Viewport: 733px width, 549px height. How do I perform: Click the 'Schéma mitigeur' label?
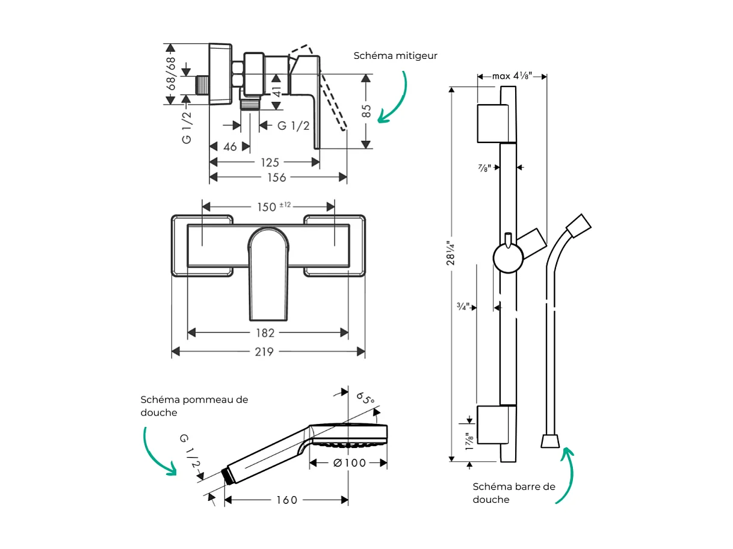point(395,56)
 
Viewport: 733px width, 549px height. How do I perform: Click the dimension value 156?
point(277,177)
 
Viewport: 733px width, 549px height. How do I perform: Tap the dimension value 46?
point(230,147)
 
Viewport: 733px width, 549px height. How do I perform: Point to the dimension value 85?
point(366,112)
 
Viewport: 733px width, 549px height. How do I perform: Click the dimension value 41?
point(276,91)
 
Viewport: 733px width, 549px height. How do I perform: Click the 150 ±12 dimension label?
point(274,206)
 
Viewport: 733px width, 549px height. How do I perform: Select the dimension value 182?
point(265,333)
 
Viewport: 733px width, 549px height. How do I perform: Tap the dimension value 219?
point(264,352)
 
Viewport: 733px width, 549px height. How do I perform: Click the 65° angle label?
point(365,398)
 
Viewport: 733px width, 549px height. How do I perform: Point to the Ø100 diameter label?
point(349,463)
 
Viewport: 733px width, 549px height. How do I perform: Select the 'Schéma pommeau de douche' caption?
point(194,406)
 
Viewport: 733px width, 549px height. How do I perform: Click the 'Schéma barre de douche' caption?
point(513,492)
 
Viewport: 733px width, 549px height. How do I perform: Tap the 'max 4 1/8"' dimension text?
point(512,76)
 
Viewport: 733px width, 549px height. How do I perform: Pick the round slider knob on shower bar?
point(507,259)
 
